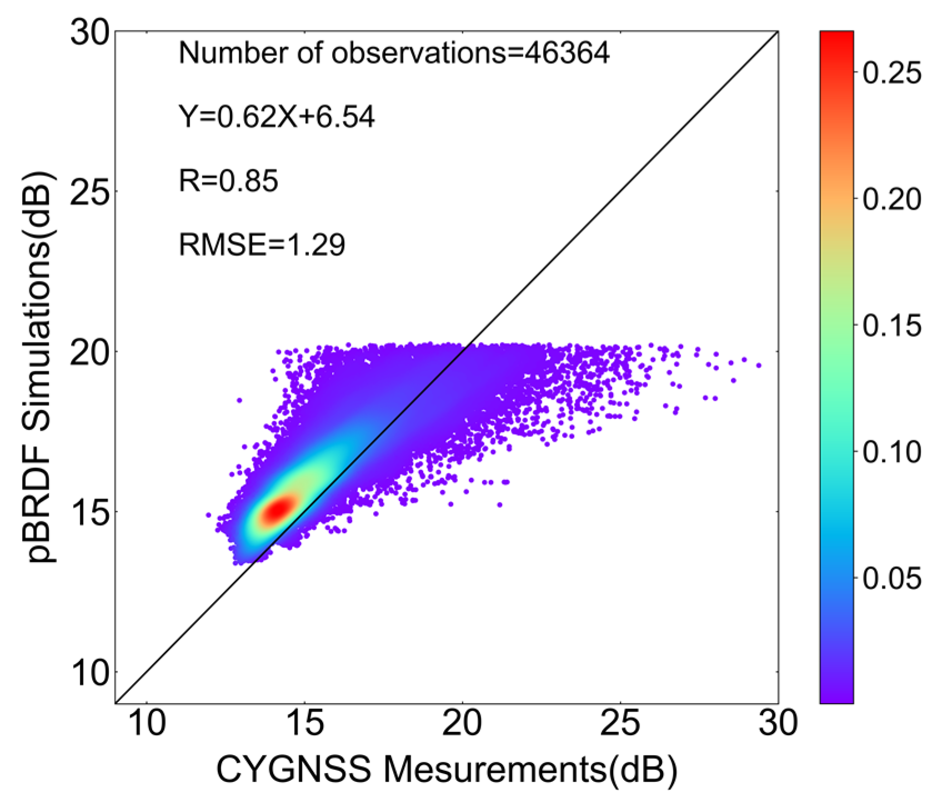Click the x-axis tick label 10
pos(147,724)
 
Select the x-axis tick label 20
pos(462,724)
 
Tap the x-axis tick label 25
pos(620,724)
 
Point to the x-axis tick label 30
pos(777,724)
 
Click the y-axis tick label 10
pos(89,673)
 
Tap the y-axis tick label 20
pos(89,352)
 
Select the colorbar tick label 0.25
pos(891,73)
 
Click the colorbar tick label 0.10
pos(891,452)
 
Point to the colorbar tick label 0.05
pos(891,578)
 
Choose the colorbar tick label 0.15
pos(891,326)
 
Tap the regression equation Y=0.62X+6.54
pos(277,117)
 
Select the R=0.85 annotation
pos(228,181)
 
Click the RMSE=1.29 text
pos(262,245)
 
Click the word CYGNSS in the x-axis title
pos(293,770)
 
